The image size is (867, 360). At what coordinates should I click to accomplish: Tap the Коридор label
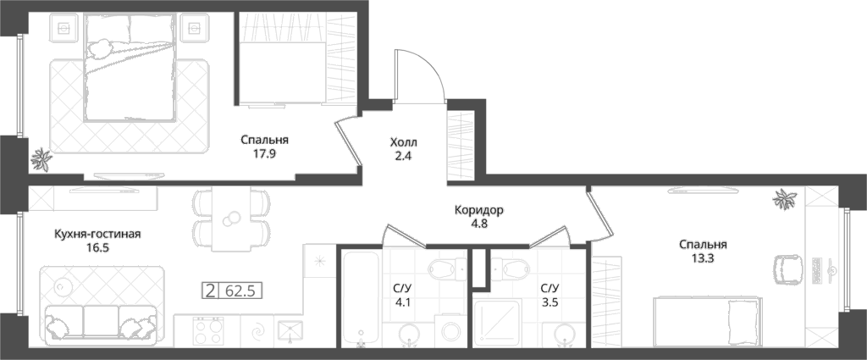479,210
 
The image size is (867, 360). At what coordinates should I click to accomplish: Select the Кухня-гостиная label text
98,235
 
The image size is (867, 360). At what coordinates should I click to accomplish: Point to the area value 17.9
264,154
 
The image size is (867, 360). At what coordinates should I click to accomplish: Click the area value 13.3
703,258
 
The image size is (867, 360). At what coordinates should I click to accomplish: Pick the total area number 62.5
240,291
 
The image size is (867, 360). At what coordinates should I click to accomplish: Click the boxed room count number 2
210,291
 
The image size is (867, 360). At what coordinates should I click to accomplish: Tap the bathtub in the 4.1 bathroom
361,298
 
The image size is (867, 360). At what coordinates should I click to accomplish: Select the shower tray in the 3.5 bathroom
498,323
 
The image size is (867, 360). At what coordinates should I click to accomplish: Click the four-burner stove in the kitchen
208,330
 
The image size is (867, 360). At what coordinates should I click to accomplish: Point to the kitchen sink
290,332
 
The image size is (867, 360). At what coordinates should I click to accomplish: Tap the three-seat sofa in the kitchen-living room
101,323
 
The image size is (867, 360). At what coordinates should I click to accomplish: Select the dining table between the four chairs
232,219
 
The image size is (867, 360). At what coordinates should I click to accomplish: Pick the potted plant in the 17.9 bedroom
41,160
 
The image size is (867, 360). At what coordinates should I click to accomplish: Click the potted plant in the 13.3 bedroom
785,199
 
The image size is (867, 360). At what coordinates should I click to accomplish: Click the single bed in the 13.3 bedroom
708,321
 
